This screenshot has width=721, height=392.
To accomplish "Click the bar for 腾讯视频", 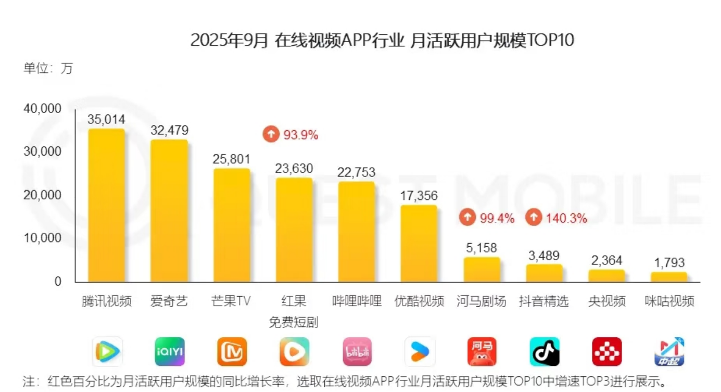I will tap(106, 205).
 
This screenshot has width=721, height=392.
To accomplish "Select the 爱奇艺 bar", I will tap(169, 210).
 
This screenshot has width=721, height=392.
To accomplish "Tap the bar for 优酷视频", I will tap(419, 243).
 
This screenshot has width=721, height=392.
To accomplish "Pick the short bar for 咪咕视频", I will tap(669, 276).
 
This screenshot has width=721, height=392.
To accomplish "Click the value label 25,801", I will tap(231, 159).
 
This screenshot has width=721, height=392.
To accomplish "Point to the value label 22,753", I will tap(356, 172).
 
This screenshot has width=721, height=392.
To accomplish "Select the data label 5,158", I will tap(481, 248).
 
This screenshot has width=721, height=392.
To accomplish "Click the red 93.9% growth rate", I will tap(300, 135).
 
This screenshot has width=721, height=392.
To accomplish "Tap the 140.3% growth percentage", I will tap(566, 219).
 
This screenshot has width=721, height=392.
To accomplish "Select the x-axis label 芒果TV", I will tap(231, 301).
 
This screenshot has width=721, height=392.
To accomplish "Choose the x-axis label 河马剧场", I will tap(481, 301).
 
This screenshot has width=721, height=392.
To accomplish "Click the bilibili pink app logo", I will tap(357, 352).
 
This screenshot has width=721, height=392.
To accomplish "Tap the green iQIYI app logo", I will tap(170, 352).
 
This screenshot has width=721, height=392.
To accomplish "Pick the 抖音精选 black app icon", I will tap(545, 352).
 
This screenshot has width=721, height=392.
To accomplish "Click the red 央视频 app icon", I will tap(607, 352).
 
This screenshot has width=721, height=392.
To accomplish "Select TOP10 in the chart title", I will tap(550, 41).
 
